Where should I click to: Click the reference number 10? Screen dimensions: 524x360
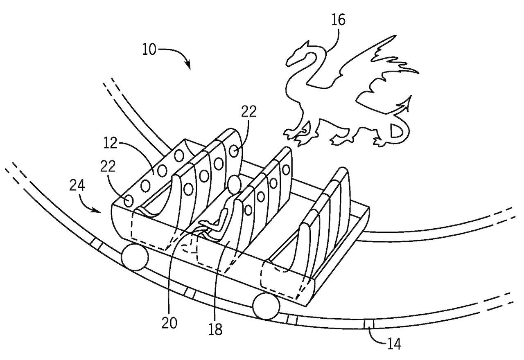point(149,49)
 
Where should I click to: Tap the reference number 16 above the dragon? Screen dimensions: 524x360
point(338,20)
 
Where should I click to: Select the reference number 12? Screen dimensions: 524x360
point(110,143)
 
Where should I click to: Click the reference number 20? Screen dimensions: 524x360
point(169,324)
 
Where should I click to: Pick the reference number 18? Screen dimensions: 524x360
point(215,330)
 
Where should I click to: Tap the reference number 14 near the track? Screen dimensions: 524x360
point(394,344)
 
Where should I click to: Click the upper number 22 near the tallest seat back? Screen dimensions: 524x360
point(249,112)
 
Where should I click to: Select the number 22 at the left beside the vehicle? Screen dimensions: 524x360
point(108,166)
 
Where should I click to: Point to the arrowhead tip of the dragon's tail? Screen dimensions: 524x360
point(410,96)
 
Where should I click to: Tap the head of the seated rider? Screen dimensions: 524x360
point(234,184)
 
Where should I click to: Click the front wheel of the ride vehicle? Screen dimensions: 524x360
point(266,306)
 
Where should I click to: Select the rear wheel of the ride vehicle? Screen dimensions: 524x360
point(135,257)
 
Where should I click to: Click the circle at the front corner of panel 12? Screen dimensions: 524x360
point(129,201)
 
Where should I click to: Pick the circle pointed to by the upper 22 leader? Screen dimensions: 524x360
point(234,151)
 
